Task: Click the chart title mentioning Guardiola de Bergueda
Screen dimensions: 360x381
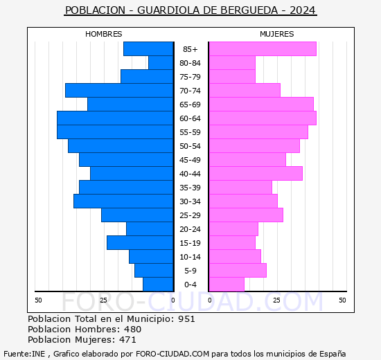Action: (190, 10)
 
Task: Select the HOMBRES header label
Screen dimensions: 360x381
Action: (104, 34)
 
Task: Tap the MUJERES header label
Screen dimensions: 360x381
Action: (276, 34)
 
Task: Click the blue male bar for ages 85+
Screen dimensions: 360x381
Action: (148, 49)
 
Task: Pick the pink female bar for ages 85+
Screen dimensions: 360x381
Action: (262, 49)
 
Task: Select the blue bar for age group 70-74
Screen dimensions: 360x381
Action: (119, 91)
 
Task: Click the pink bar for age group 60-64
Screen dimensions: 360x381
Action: (262, 118)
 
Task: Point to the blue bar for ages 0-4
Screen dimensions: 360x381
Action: (158, 285)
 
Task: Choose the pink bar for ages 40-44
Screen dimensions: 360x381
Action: (255, 174)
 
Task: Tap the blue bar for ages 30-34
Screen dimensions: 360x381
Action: (123, 201)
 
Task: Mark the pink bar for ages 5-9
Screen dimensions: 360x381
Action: (237, 271)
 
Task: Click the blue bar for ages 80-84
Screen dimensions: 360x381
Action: (161, 63)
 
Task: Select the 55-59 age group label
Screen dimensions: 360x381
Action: (190, 132)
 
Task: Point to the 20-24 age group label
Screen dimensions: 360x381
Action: (190, 229)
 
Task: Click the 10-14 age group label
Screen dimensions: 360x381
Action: (190, 257)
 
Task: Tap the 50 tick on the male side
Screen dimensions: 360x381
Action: (39, 300)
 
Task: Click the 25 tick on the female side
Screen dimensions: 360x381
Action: (276, 300)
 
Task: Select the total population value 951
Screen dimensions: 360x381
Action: (186, 319)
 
